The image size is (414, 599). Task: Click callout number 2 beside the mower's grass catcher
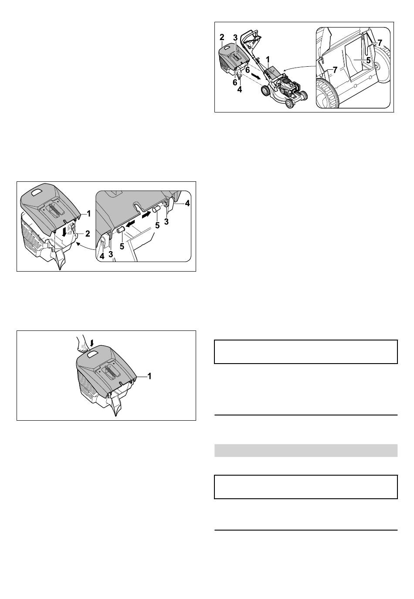coord(222,37)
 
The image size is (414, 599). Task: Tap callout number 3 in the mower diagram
coord(235,38)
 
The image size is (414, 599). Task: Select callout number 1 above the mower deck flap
coord(268,59)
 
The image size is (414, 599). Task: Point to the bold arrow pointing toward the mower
coord(256,77)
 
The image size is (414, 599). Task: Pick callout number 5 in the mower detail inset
coord(368,60)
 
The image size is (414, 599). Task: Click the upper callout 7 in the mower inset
coord(380,43)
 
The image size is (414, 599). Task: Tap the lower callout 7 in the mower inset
coord(334,70)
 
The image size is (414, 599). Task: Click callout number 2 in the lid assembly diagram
coord(88,233)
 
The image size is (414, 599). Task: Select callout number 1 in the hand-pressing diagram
coord(149,376)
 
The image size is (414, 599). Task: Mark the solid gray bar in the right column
coord(306,451)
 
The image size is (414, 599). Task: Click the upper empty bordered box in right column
coord(306,352)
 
